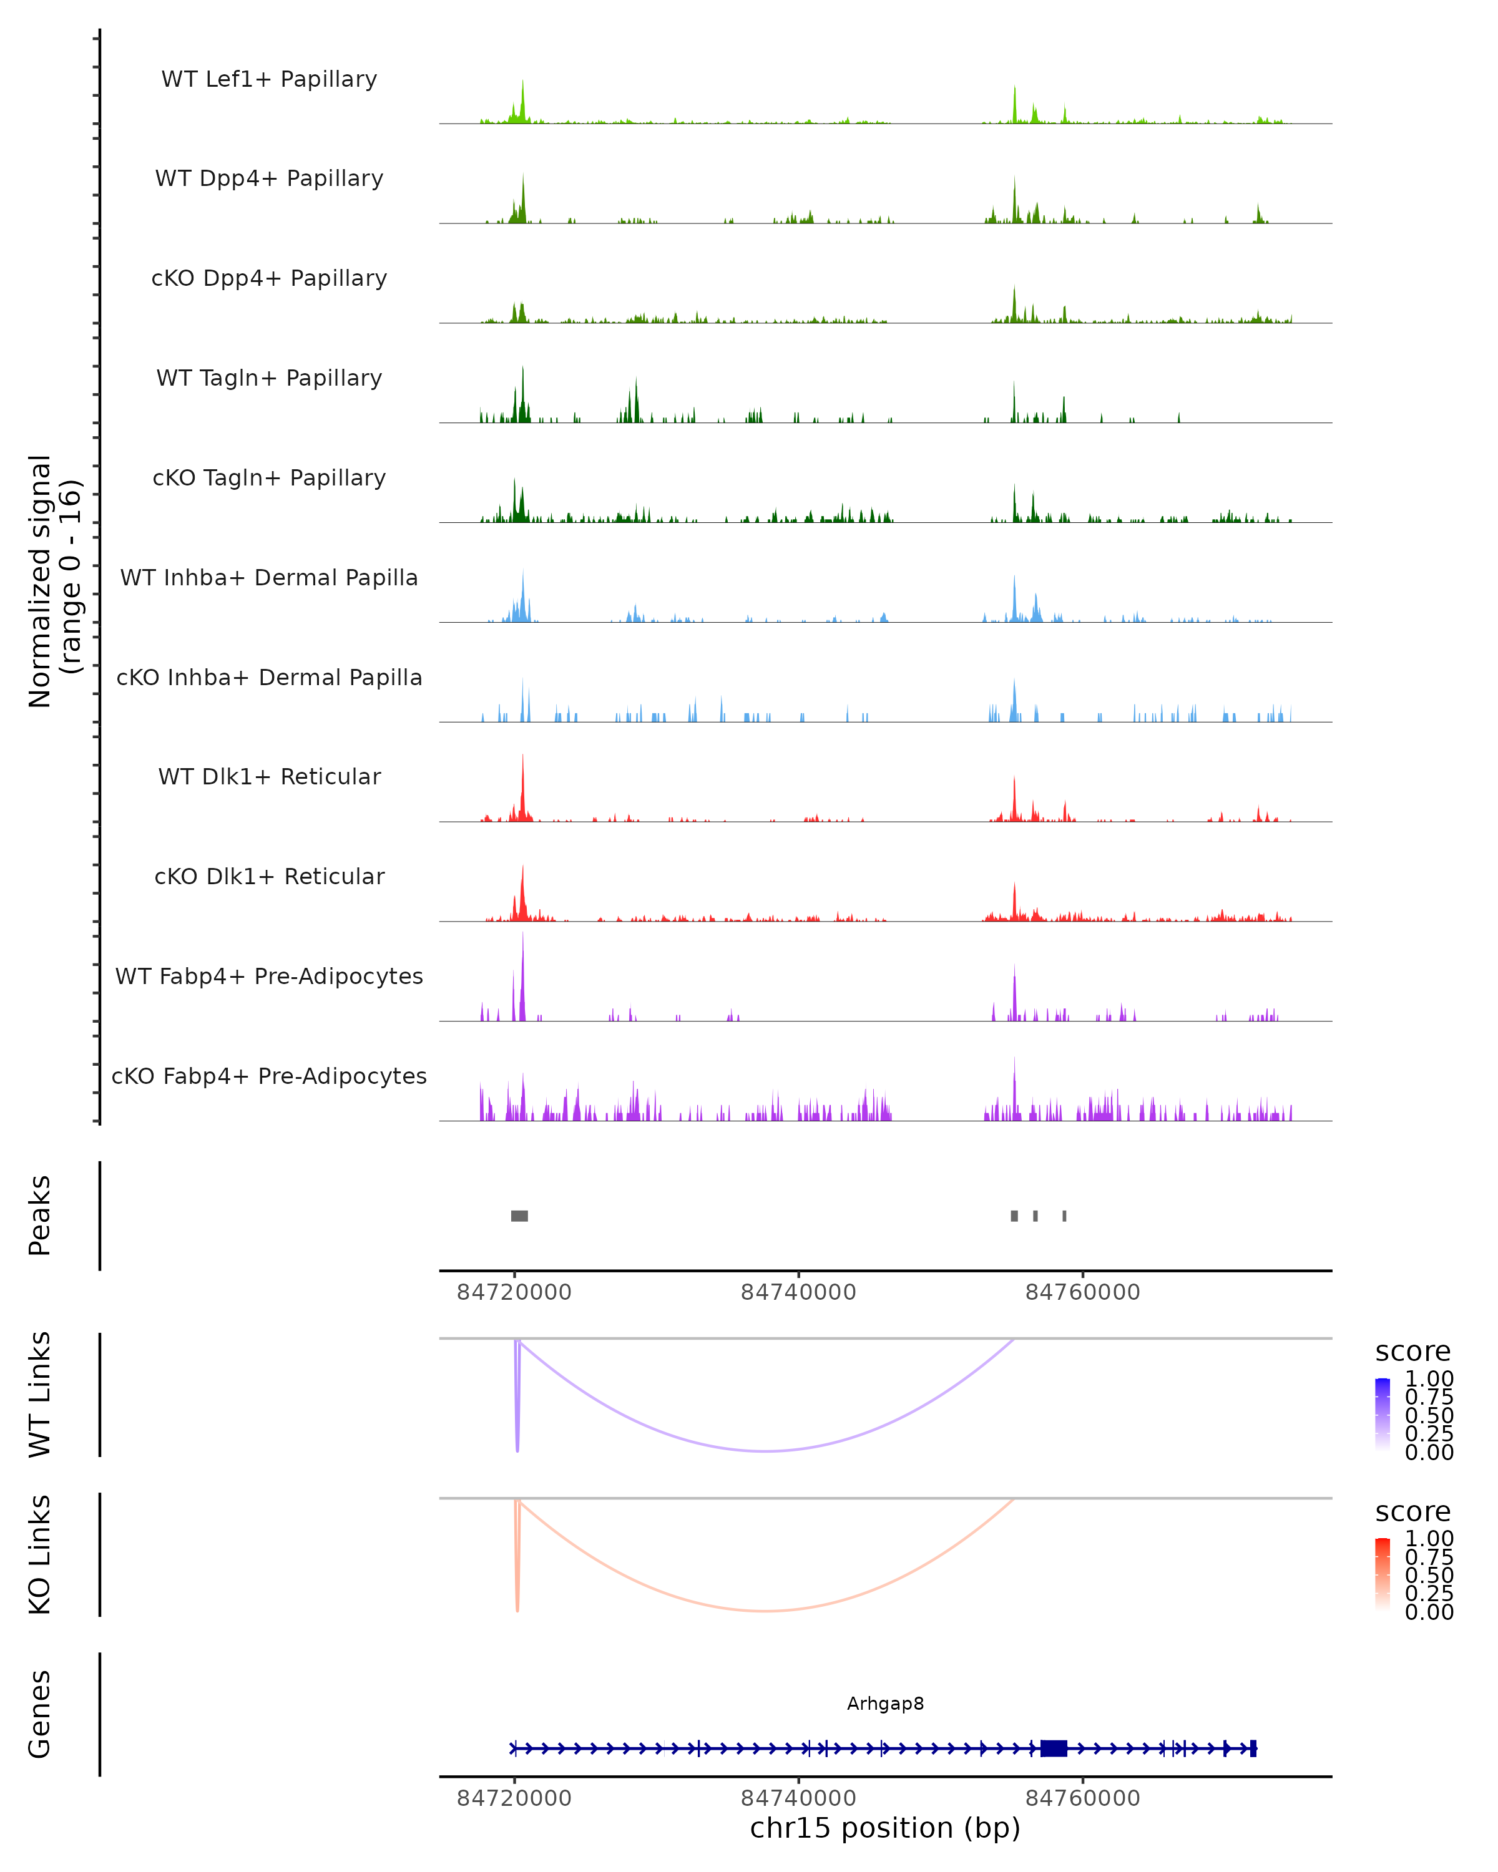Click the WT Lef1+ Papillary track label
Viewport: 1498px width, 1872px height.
tap(269, 79)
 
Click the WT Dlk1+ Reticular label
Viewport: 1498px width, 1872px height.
tap(269, 776)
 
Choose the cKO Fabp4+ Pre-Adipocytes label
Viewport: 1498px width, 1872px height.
tap(269, 1076)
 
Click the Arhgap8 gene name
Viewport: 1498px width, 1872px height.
tap(885, 1704)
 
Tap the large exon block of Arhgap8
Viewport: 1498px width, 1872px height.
tap(1054, 1748)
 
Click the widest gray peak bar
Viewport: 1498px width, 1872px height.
tap(519, 1216)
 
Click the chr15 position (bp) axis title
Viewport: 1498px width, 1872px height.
tap(885, 1828)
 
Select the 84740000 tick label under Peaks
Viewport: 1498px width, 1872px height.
tap(798, 1292)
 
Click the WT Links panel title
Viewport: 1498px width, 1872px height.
tap(40, 1395)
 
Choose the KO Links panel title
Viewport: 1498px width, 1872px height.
tap(40, 1554)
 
